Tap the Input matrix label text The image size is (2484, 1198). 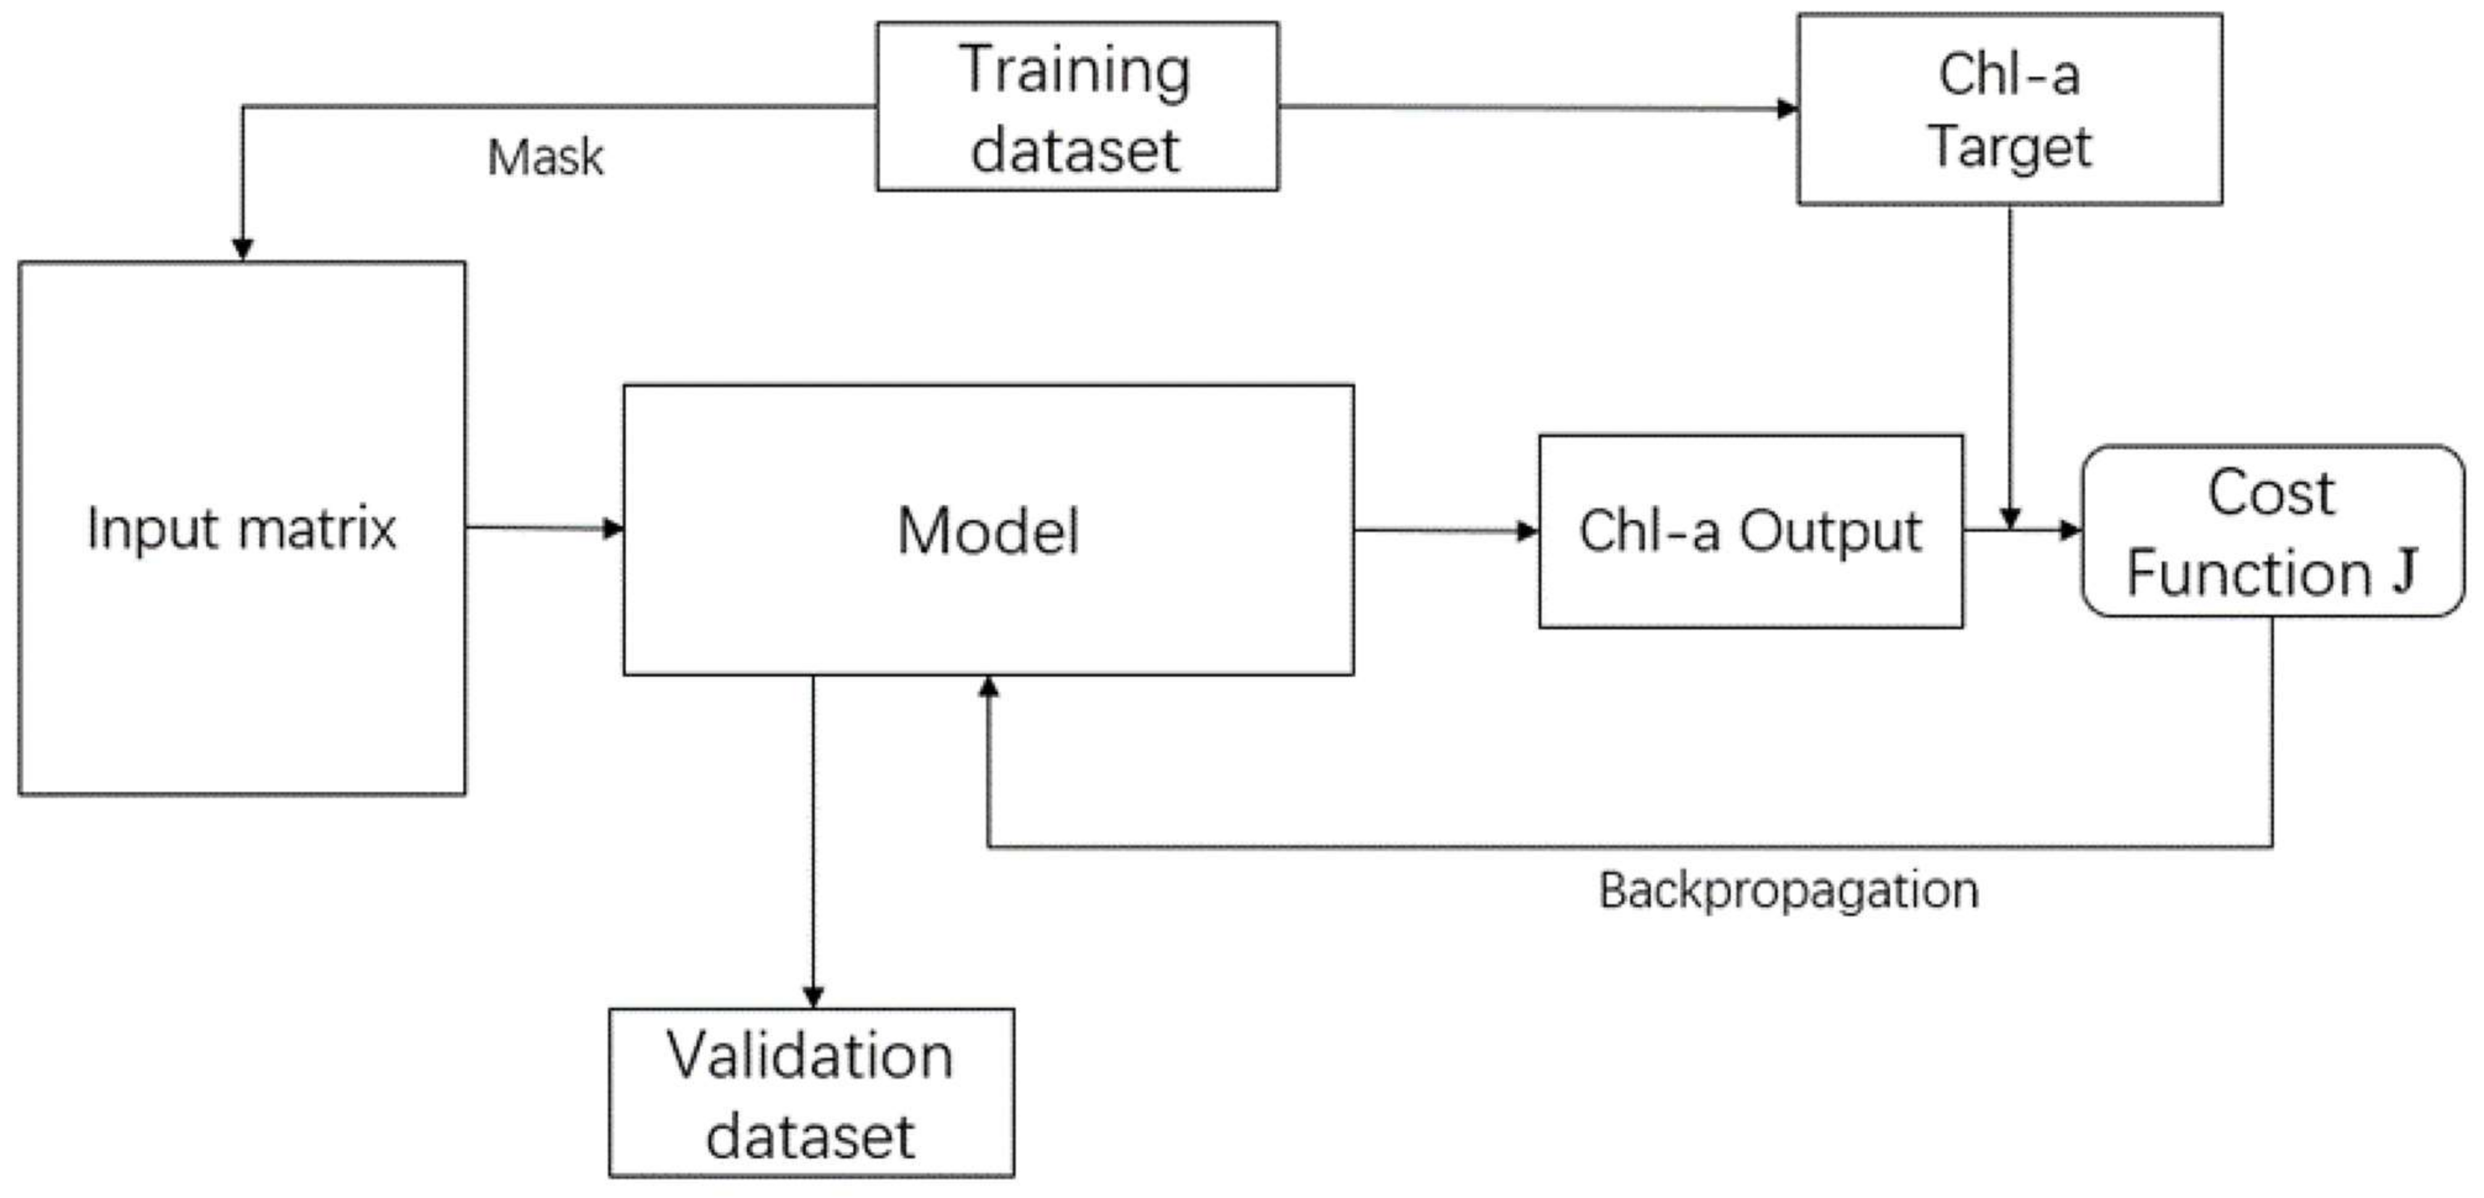(241, 529)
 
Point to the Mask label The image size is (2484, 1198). (546, 157)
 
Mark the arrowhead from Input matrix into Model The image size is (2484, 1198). (614, 529)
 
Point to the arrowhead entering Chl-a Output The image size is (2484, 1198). (1528, 530)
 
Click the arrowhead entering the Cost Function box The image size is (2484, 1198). (2070, 530)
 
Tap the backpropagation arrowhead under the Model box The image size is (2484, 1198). (988, 687)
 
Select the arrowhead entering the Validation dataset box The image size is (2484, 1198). (813, 997)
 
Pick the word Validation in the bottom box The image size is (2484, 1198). (810, 1055)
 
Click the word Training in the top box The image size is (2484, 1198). (1075, 70)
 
